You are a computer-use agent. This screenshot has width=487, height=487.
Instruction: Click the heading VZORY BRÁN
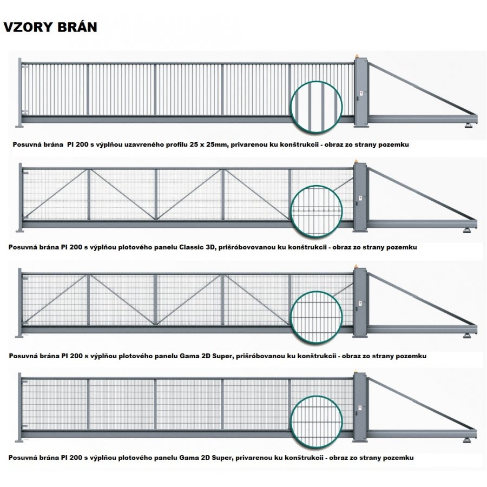50,27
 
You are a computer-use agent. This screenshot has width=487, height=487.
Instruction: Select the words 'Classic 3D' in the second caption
197,247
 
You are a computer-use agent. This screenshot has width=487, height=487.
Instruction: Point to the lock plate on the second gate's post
360,198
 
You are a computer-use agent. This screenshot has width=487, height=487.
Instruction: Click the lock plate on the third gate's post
360,303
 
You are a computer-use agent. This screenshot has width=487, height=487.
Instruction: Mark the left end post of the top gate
19,92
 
